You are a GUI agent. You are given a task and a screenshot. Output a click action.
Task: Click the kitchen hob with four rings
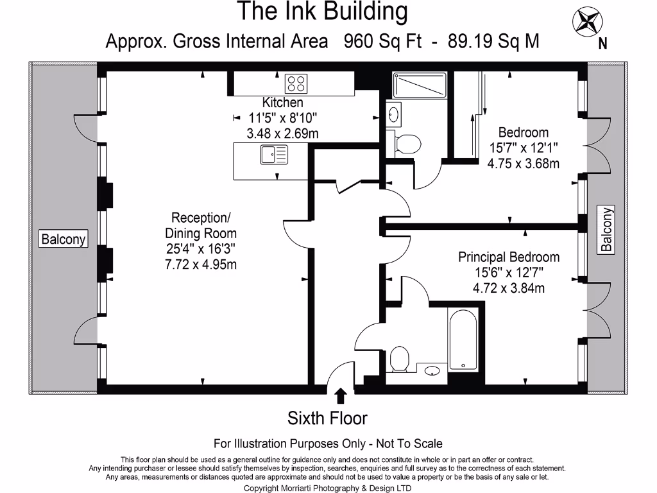click(296, 83)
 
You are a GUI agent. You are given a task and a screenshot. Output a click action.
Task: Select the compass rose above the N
click(587, 21)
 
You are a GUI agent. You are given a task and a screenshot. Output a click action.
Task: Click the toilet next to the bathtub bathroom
click(399, 358)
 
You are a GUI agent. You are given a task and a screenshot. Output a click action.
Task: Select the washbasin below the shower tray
click(394, 114)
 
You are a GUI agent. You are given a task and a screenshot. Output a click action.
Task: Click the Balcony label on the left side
click(63, 239)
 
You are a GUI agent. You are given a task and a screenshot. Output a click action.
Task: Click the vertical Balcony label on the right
click(606, 229)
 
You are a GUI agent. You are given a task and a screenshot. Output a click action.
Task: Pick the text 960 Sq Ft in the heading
click(382, 42)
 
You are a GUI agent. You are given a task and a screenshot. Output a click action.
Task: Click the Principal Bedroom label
click(509, 257)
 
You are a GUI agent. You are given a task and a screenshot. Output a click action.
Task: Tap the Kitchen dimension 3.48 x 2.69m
click(283, 134)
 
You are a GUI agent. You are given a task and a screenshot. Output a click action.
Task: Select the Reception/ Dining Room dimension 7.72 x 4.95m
click(201, 264)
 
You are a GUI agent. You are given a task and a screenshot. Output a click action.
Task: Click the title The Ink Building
click(323, 12)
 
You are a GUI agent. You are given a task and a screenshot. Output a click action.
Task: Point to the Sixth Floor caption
click(327, 419)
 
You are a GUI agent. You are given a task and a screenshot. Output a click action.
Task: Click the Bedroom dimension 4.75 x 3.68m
click(524, 163)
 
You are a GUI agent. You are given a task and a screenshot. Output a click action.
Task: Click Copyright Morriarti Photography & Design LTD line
click(328, 488)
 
